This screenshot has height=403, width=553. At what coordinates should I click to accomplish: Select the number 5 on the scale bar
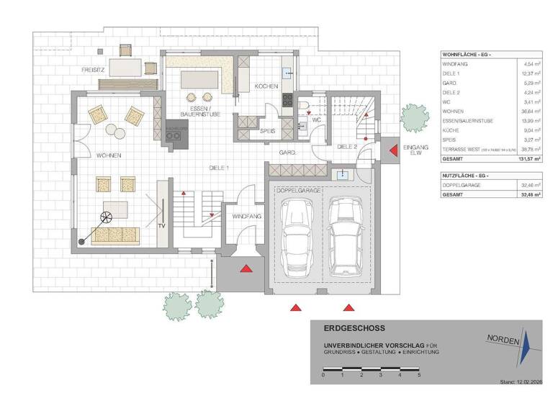pyautogui.click(x=418, y=375)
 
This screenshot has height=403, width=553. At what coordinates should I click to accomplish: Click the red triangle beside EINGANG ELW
pyautogui.click(x=393, y=150)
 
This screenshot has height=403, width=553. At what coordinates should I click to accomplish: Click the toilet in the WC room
pyautogui.click(x=304, y=108)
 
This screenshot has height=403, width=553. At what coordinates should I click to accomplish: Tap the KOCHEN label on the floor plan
pyautogui.click(x=266, y=86)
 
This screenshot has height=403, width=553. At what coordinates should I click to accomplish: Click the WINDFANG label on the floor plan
pyautogui.click(x=246, y=216)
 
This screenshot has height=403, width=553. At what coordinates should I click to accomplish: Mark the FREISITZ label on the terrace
pyautogui.click(x=95, y=70)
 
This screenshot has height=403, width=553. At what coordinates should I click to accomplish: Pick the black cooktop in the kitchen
pyautogui.click(x=288, y=101)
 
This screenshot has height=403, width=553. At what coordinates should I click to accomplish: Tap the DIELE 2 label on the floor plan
pyautogui.click(x=349, y=146)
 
